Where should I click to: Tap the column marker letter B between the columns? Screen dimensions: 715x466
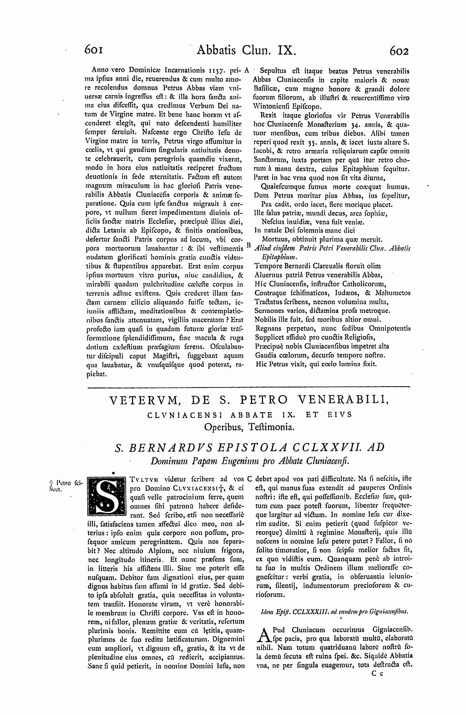pyautogui.click(x=248, y=245)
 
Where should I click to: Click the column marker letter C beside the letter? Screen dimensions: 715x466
pyautogui.click(x=249, y=478)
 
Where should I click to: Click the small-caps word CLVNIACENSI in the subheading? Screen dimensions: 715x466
pyautogui.click(x=177, y=415)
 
